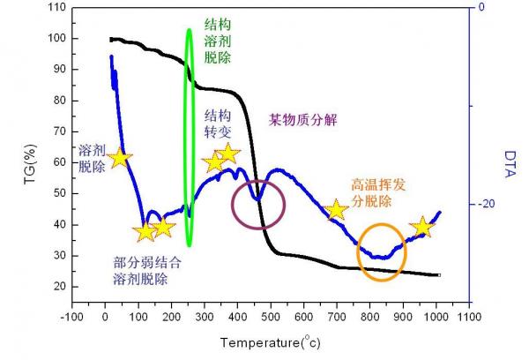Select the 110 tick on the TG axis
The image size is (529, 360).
coord(57,8)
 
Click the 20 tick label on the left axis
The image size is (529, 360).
coord(61,287)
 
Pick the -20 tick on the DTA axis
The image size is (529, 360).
coord(486,205)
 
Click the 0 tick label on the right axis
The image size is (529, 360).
coord(481,7)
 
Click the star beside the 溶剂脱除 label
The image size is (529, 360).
coord(120,158)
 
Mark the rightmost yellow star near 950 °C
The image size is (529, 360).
coord(422,228)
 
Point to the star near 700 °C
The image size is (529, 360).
coord(335,210)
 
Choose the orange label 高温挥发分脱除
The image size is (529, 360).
coord(380,192)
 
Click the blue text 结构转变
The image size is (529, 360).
coord(218,124)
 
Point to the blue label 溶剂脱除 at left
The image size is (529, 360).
coord(92,157)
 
